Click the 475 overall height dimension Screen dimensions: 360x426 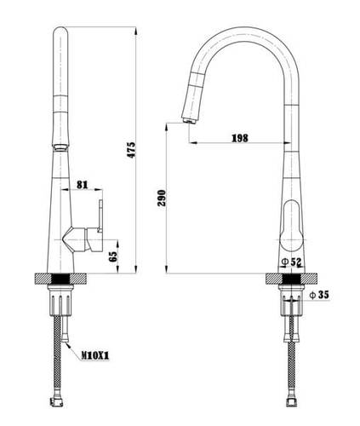(x=131, y=150)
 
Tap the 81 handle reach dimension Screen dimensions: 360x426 (x=83, y=185)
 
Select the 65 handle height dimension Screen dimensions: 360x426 (x=113, y=256)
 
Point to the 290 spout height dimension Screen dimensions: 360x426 (x=161, y=198)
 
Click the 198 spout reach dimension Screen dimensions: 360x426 (x=240, y=138)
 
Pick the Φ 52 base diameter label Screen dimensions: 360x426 (x=290, y=262)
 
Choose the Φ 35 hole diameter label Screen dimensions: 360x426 (x=319, y=295)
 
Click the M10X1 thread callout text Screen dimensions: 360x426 (x=95, y=355)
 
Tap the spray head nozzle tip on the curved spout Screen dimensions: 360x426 (x=188, y=120)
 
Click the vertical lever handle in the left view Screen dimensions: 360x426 (x=100, y=216)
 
